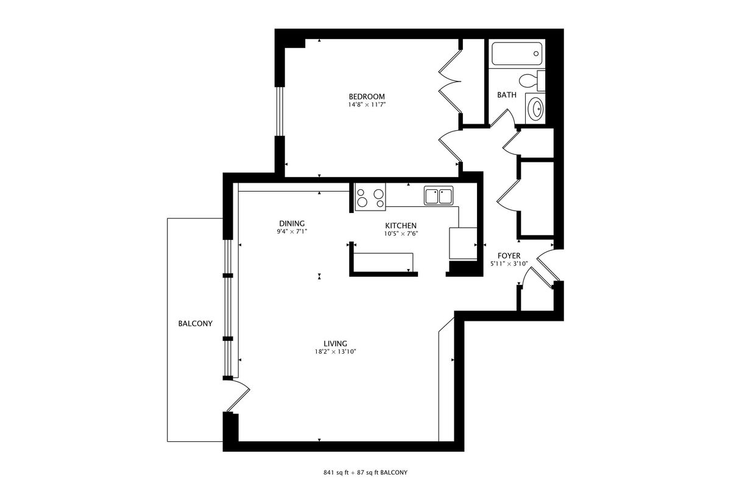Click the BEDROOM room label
(x=367, y=97)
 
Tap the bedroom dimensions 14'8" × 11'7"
(x=367, y=105)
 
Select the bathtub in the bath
(x=517, y=54)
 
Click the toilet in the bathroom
(x=532, y=80)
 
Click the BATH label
(x=507, y=95)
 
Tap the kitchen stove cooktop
(x=370, y=197)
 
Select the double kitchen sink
(x=439, y=195)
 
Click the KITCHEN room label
(x=401, y=226)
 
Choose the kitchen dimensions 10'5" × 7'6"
(x=401, y=234)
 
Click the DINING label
(x=292, y=223)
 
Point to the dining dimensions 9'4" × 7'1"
(x=292, y=232)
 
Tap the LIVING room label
(x=335, y=344)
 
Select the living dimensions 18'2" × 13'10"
(x=335, y=352)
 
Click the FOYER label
(x=509, y=256)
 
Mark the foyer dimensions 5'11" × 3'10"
(x=509, y=264)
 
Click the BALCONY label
(x=195, y=323)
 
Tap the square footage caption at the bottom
(x=365, y=472)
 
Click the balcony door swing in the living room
(x=238, y=395)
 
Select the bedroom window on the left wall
(x=280, y=111)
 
